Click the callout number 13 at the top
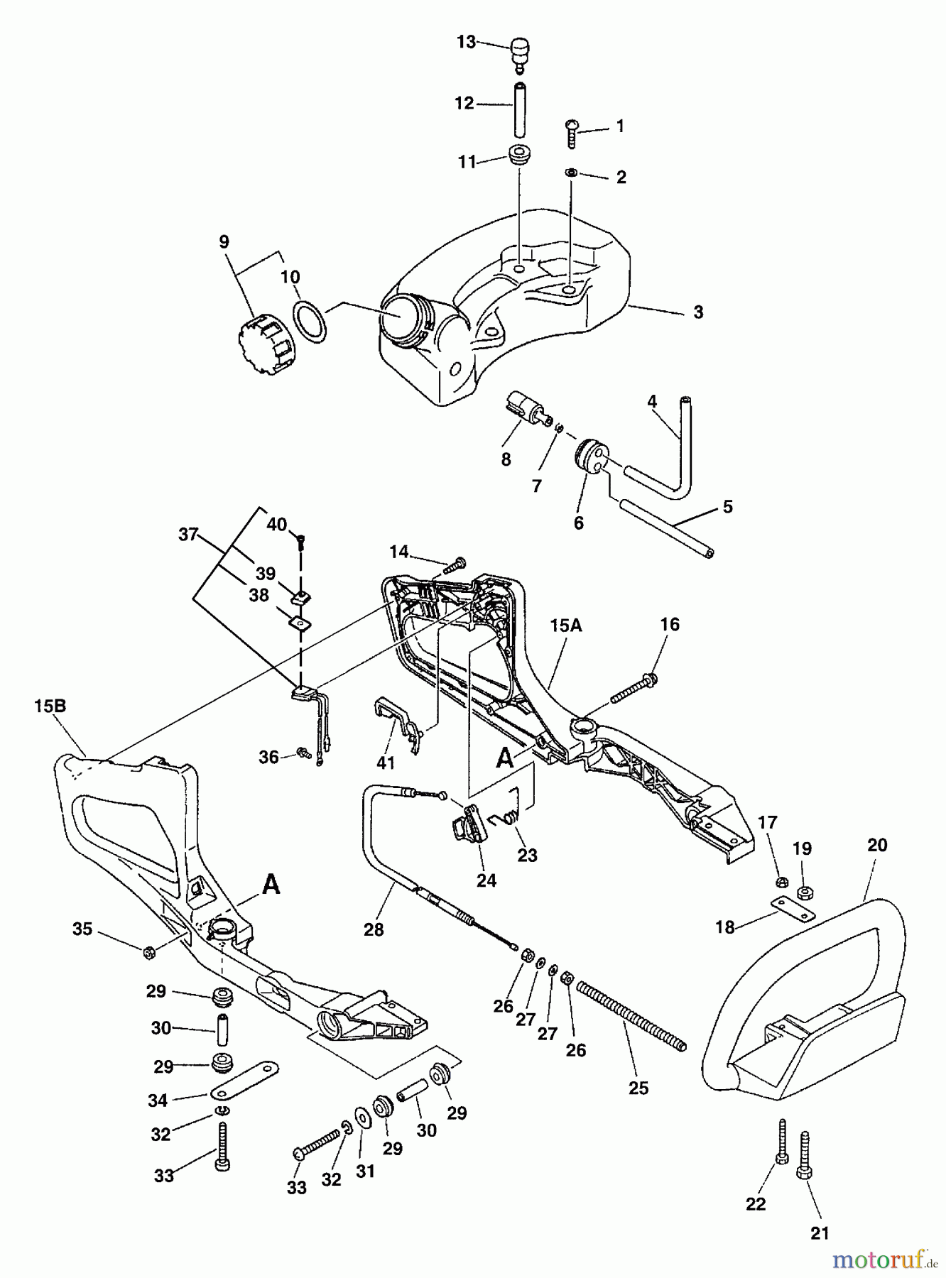pyautogui.click(x=466, y=43)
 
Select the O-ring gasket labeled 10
pyautogui.click(x=310, y=321)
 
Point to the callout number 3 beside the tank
pyautogui.click(x=698, y=312)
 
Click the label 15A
pyautogui.click(x=565, y=626)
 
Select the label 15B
pyautogui.click(x=50, y=706)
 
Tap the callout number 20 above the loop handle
pyautogui.click(x=877, y=845)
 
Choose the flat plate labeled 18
pyautogui.click(x=793, y=908)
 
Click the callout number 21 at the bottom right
pyautogui.click(x=820, y=1233)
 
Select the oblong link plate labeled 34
pyautogui.click(x=244, y=1078)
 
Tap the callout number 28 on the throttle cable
pyautogui.click(x=374, y=929)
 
